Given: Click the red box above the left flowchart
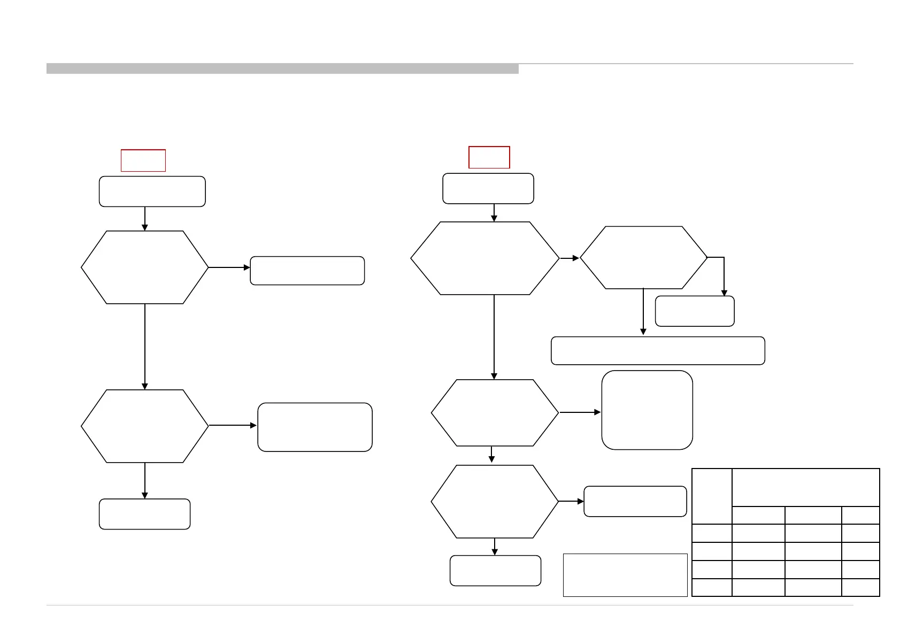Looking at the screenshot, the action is tap(143, 160).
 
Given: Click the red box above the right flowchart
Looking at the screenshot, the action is tap(489, 157).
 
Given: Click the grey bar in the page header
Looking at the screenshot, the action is tap(282, 68).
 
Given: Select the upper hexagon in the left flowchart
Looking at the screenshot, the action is tap(144, 267).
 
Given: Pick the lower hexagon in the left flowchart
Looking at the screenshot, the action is tap(144, 426).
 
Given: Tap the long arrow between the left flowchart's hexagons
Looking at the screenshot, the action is tap(145, 347).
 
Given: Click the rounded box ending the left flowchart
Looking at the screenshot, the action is tap(144, 514).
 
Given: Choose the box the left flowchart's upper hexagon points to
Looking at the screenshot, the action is tap(307, 271).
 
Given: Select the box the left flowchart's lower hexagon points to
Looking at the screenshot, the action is tap(314, 427).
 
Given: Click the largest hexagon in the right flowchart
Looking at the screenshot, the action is tap(484, 258).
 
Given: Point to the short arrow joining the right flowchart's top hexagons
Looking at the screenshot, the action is tap(570, 258).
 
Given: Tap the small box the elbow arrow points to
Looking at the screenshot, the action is tap(694, 311).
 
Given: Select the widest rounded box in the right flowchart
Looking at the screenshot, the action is tap(658, 351).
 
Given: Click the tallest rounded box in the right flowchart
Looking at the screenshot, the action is tap(647, 410).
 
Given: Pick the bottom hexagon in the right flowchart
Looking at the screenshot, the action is tap(494, 502).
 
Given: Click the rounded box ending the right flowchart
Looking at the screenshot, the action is tap(495, 571).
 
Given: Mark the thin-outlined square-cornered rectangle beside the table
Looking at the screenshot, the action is tap(625, 575).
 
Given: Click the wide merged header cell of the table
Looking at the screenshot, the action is tap(805, 487).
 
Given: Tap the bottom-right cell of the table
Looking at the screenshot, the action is tap(860, 587).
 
